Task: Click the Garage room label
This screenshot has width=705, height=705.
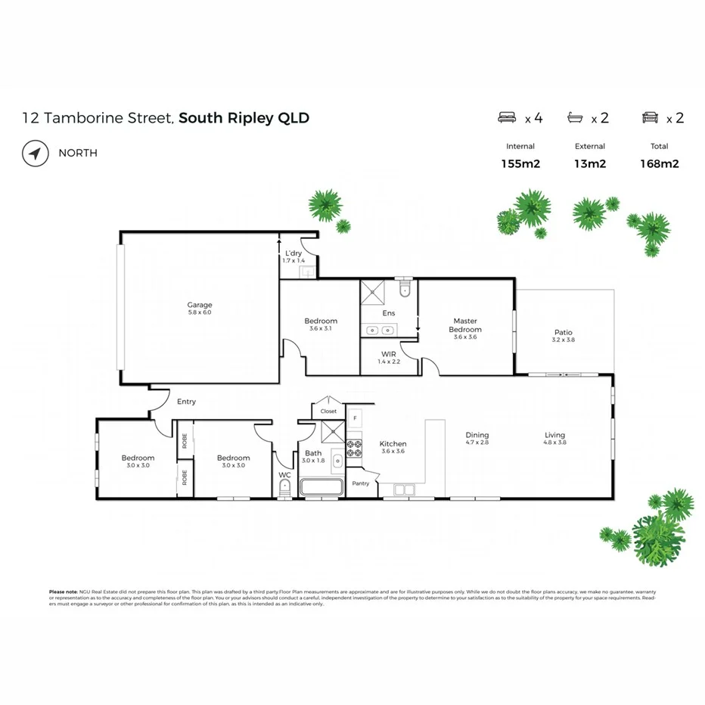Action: (200, 305)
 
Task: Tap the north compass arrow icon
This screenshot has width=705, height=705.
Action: (35, 153)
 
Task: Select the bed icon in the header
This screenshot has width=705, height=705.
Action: (507, 117)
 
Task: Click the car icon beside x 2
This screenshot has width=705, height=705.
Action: (649, 117)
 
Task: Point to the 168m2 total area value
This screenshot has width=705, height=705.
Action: (660, 163)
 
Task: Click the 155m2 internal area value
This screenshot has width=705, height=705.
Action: (520, 163)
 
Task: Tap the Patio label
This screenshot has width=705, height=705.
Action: (563, 332)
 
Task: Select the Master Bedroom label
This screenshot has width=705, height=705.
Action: (465, 325)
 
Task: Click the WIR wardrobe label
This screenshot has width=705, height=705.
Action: (388, 354)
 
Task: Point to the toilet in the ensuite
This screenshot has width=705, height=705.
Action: (405, 290)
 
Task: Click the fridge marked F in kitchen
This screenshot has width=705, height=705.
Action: (354, 418)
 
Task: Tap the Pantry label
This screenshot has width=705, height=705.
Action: (361, 483)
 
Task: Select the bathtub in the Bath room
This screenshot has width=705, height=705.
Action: (321, 487)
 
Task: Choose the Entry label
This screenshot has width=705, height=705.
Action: (186, 402)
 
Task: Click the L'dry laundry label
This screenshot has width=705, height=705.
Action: (293, 253)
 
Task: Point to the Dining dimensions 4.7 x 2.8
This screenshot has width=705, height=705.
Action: (477, 443)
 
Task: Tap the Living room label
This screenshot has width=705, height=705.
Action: (554, 435)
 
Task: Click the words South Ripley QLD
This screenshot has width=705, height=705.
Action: (244, 118)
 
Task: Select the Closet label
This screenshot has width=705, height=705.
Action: (328, 412)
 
